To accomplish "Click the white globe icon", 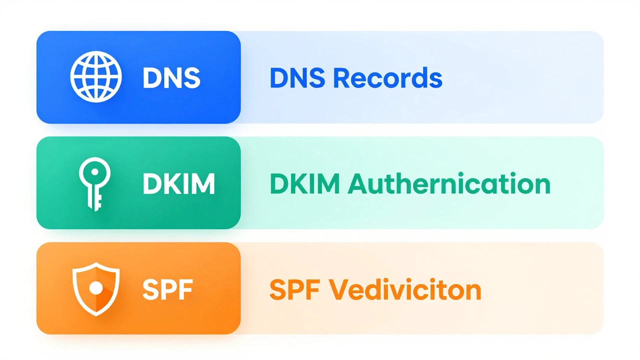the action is coord(96,77).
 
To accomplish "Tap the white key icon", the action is coord(94,184).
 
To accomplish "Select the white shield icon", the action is coord(96,289).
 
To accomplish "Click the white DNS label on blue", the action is coord(171,77).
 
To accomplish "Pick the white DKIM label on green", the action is coord(178,183).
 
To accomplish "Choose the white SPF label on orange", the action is coord(167,289).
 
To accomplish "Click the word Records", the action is coord(388,77).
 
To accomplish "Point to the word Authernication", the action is coord(449,183).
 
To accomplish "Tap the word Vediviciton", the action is coord(405,289).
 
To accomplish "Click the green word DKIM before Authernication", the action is coord(304,183).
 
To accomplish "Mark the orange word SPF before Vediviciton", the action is coord(294,289).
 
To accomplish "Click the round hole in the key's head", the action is coord(95,171).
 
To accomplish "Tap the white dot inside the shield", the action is coord(96,288).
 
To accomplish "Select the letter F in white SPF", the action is coord(185,289).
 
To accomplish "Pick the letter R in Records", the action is coord(341,77).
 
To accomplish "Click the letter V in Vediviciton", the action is coord(338,289).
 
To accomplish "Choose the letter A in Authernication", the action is coord(357,183).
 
